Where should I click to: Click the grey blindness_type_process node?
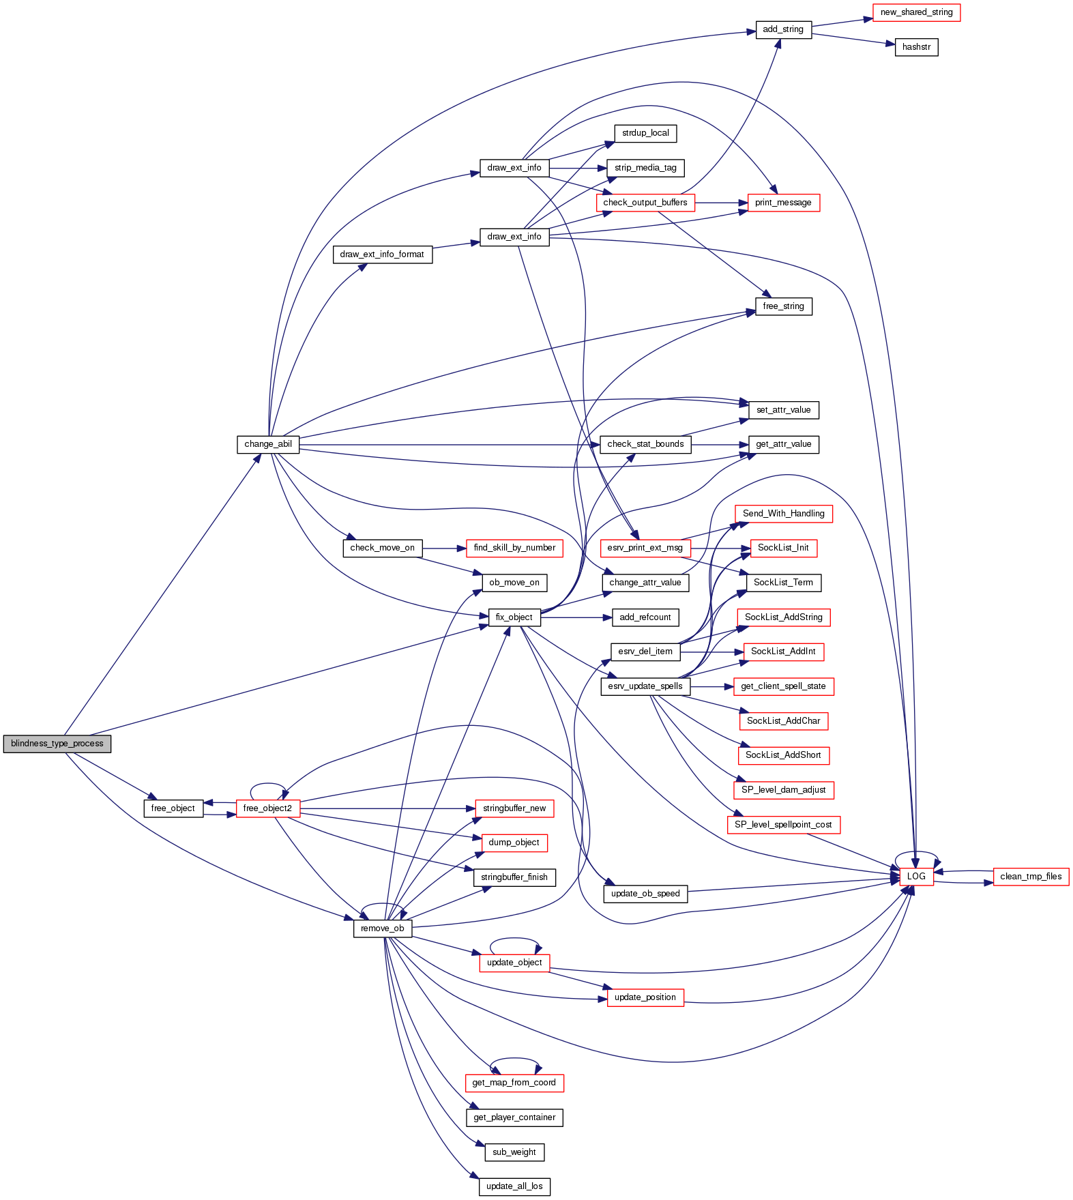pyautogui.click(x=57, y=744)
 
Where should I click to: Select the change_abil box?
pyautogui.click(x=268, y=444)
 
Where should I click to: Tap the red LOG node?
pyautogui.click(x=916, y=877)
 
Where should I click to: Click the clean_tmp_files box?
pyautogui.click(x=1031, y=877)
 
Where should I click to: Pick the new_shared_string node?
pyautogui.click(x=916, y=12)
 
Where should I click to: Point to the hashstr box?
pyautogui.click(x=916, y=47)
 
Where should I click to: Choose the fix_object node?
pyautogui.click(x=514, y=617)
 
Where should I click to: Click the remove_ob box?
pyautogui.click(x=383, y=928)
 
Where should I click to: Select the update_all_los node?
pyautogui.click(x=514, y=1186)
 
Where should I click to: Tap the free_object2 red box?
pyautogui.click(x=267, y=808)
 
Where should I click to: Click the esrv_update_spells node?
pyautogui.click(x=645, y=686)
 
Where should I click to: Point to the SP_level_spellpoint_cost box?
pyautogui.click(x=783, y=825)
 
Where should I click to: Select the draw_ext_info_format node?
pyautogui.click(x=382, y=254)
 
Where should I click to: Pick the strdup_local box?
pyautogui.click(x=645, y=133)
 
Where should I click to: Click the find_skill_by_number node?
pyautogui.click(x=514, y=548)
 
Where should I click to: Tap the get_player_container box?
pyautogui.click(x=514, y=1117)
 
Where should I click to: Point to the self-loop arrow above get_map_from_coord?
pyautogui.click(x=515, y=1059)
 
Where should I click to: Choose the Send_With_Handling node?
pyautogui.click(x=783, y=514)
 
